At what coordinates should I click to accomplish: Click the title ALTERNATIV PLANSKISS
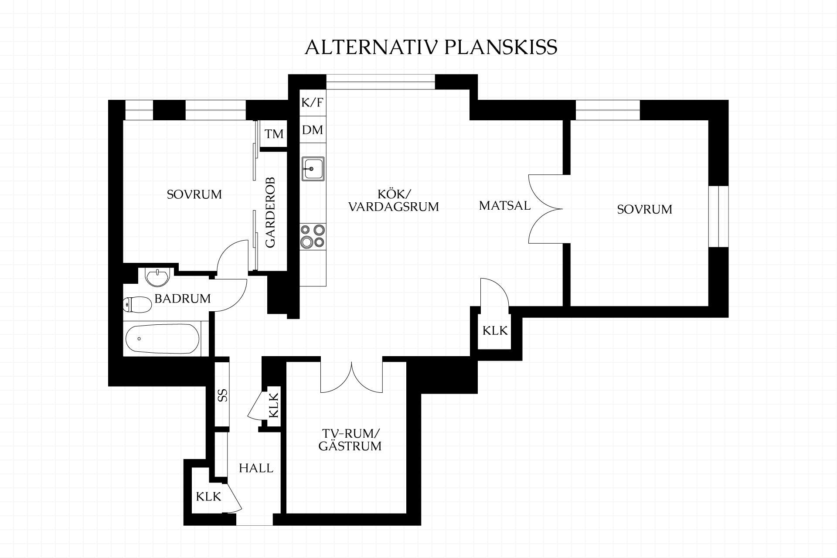click(431, 48)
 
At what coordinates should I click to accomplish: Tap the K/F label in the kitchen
click(313, 103)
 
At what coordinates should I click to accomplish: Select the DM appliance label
click(313, 130)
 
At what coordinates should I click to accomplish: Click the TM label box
click(274, 134)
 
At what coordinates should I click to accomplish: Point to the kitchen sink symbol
click(313, 168)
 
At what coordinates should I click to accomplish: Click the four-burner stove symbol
click(313, 236)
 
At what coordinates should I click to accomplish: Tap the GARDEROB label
click(271, 213)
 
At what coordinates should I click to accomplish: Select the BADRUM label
click(183, 299)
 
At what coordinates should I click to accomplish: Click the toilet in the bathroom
click(137, 304)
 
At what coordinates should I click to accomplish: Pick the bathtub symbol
click(163, 339)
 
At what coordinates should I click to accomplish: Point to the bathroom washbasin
click(157, 277)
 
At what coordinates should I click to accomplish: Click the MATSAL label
click(505, 205)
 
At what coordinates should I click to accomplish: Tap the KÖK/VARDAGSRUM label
click(394, 200)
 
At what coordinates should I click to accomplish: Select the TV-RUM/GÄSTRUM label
click(350, 440)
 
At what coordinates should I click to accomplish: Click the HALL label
click(256, 468)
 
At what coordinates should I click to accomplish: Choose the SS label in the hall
click(222, 395)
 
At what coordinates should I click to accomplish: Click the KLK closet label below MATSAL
click(495, 331)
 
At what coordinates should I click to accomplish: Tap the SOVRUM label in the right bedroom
click(645, 209)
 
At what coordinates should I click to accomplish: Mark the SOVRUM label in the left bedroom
click(194, 194)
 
